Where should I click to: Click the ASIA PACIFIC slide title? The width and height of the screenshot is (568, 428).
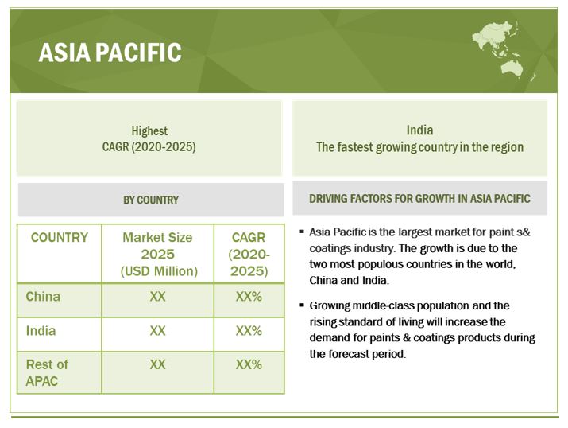coord(110,53)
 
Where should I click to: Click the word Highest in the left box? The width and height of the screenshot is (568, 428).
coord(149,131)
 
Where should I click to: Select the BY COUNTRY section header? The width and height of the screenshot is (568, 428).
coord(150,200)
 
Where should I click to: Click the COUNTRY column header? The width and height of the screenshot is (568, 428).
coord(60,238)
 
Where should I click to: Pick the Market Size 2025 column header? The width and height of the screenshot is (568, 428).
coord(157,254)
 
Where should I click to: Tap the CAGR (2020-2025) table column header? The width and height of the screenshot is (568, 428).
coord(249,254)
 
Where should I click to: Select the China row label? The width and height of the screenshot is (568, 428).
coord(43,297)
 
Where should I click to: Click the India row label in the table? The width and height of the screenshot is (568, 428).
coord(41,330)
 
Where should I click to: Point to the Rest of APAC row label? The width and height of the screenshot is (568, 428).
coord(47,372)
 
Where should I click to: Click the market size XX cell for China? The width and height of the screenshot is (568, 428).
coord(157,297)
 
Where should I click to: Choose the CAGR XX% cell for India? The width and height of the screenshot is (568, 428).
coord(249,330)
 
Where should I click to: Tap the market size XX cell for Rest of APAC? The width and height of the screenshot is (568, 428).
coord(157,364)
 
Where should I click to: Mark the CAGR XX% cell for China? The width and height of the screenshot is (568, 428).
coord(249,297)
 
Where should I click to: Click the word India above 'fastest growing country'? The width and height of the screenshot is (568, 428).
coord(419,130)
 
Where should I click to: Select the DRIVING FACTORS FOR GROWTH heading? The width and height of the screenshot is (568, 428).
coord(419,199)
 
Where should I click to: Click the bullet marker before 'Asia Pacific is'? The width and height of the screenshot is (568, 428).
coord(302,232)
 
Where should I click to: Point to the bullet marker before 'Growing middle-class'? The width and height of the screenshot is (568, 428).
coord(302,306)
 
